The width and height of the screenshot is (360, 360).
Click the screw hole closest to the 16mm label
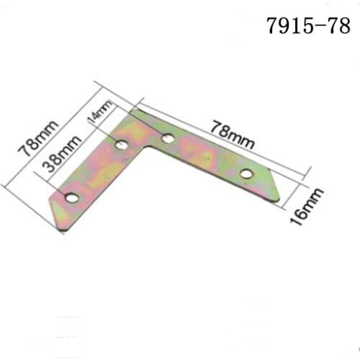click(246, 173)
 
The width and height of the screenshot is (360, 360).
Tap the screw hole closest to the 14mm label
click(122, 146)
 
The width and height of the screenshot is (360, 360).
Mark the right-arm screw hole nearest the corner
click(167, 139)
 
